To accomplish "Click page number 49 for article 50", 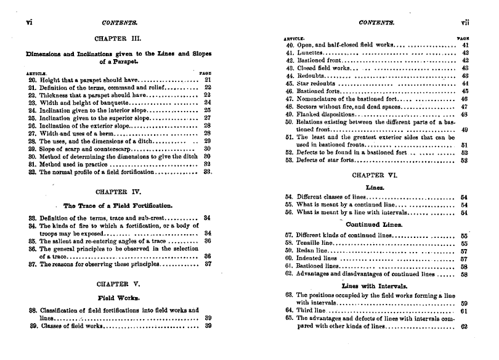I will click(465, 130).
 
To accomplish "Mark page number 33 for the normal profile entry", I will click(208, 173).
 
